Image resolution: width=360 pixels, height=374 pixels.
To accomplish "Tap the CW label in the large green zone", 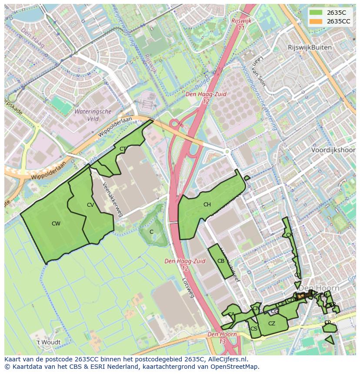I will click(56, 224).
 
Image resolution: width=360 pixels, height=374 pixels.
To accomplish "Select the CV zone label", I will click(90, 205).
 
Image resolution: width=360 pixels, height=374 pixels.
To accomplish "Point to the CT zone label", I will click(123, 149).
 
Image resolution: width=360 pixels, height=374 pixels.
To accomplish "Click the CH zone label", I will click(207, 205).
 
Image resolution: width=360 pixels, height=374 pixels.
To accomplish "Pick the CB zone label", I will click(221, 261).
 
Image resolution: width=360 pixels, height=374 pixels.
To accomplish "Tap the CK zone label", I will click(290, 235).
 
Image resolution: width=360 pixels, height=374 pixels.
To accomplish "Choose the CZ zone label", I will click(272, 324).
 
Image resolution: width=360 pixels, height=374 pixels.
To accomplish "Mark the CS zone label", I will click(254, 329).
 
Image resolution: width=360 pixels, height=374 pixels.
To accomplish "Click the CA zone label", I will click(231, 314).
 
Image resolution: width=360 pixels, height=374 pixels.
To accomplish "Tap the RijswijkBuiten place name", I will click(310, 47).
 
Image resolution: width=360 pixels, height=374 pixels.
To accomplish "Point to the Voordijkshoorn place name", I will click(333, 150).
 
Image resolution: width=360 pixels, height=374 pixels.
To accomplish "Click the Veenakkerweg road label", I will click(111, 199).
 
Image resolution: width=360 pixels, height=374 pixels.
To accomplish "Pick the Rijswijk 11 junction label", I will click(239, 24).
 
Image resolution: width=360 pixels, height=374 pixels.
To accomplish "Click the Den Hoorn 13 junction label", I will click(222, 338).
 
